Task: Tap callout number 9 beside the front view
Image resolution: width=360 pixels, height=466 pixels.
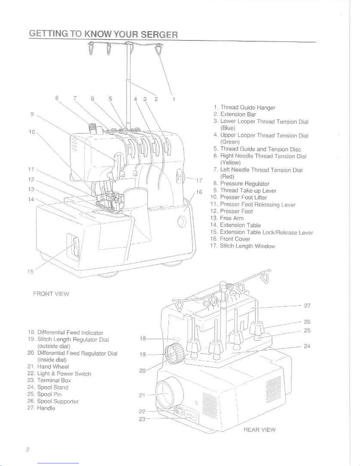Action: tap(32, 114)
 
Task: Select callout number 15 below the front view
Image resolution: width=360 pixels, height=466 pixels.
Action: tap(31, 271)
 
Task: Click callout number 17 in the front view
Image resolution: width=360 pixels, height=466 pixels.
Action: tap(199, 180)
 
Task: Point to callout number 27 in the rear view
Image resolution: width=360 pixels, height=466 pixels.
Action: tap(307, 305)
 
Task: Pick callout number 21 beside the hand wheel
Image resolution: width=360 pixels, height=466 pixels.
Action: tap(142, 395)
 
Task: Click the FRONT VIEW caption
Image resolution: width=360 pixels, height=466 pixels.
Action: tap(51, 294)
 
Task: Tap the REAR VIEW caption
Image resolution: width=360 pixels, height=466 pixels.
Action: tap(259, 430)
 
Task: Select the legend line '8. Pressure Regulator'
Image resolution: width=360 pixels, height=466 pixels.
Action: tap(241, 183)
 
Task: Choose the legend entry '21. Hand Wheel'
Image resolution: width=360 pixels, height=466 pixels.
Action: tap(48, 367)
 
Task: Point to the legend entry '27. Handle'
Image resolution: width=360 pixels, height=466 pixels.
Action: tap(41, 408)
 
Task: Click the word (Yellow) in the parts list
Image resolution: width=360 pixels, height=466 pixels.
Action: tap(230, 163)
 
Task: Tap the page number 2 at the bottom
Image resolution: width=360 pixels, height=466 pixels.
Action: tap(28, 449)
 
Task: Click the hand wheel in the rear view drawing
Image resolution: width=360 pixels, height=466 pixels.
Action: tap(169, 393)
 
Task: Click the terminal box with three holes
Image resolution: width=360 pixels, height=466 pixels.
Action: tap(191, 416)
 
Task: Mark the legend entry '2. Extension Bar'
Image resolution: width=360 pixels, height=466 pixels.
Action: tap(235, 114)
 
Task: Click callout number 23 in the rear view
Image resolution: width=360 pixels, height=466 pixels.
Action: tap(142, 419)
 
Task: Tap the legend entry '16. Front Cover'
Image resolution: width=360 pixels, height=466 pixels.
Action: tap(230, 239)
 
